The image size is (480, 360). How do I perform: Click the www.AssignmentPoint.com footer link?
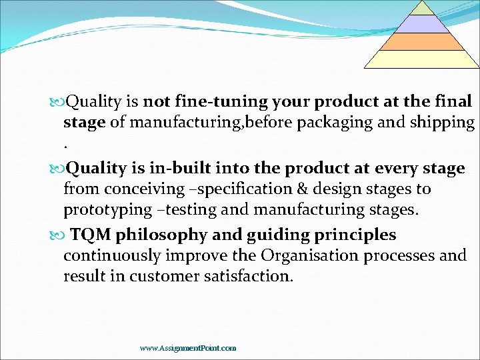point(188,348)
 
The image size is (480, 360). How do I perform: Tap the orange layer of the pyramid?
point(421,41)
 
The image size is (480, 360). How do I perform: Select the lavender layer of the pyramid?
point(421,24)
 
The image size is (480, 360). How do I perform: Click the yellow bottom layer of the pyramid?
point(421,59)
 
